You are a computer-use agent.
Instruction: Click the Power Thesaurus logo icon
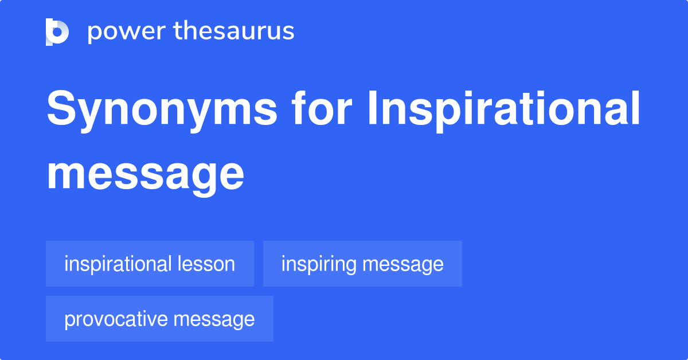57,32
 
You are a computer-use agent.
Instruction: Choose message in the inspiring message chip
403,264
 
